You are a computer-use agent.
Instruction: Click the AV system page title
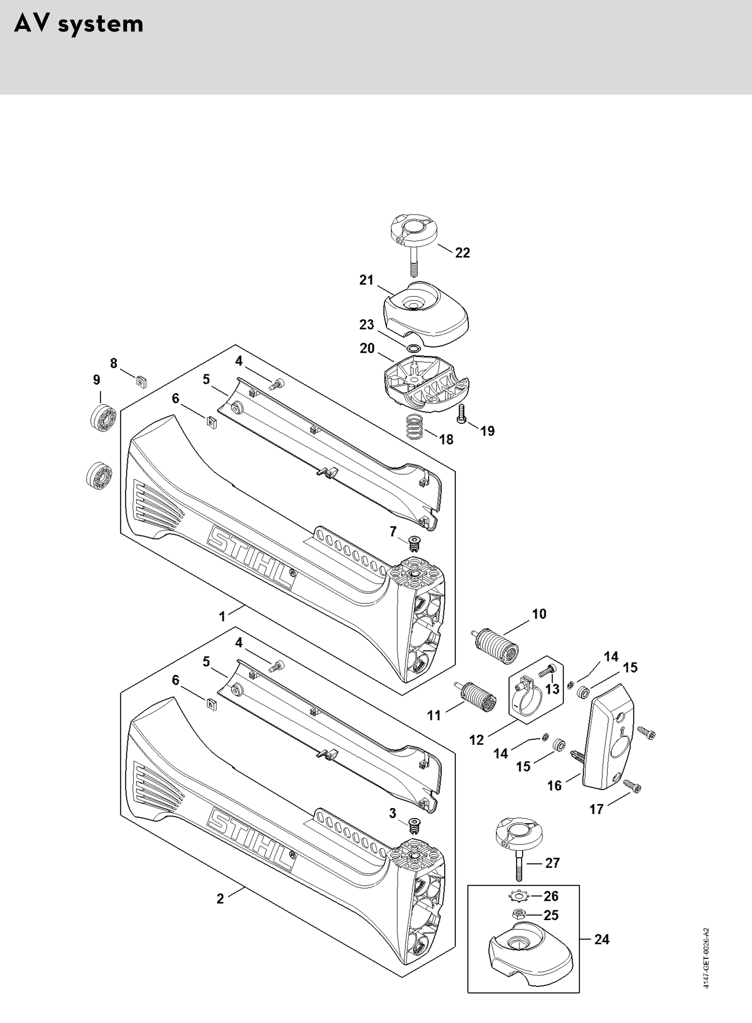[79, 24]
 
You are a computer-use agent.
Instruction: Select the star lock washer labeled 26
[519, 896]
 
